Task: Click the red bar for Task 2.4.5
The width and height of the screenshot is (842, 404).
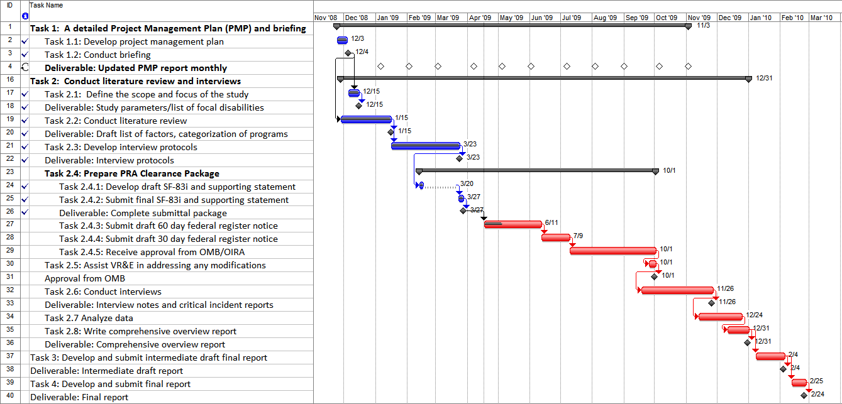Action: [x=612, y=251]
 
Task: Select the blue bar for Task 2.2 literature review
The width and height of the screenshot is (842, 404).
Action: [x=365, y=119]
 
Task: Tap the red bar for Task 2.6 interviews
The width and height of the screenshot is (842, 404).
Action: [x=677, y=290]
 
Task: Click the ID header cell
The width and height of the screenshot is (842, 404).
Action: [x=10, y=5]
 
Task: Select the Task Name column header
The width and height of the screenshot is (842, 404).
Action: [x=46, y=5]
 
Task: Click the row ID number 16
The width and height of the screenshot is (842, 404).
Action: [x=10, y=80]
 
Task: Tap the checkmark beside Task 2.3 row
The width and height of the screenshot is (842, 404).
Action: [x=25, y=147]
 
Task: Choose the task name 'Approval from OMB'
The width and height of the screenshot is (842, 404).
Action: [x=85, y=278]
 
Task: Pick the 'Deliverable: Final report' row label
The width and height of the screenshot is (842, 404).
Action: [x=79, y=397]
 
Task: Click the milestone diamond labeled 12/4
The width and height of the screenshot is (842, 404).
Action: [x=348, y=53]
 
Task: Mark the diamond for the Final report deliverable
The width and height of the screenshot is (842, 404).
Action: [x=804, y=395]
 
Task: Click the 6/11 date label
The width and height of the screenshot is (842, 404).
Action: [x=552, y=223]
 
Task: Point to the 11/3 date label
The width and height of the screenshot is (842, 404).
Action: [x=703, y=25]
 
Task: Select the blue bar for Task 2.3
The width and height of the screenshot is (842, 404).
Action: [x=425, y=146]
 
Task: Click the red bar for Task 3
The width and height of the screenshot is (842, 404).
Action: [x=770, y=356]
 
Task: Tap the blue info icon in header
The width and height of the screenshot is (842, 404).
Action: [x=25, y=16]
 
